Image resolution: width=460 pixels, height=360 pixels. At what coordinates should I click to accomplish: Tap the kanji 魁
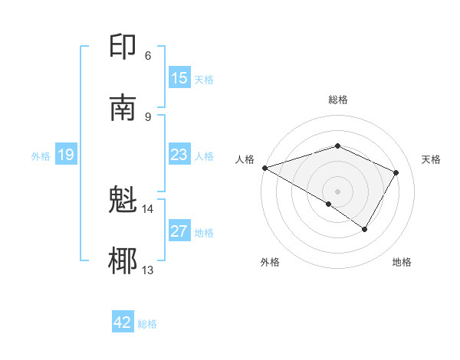(123, 201)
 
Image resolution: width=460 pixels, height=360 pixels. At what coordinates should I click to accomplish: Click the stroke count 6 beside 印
(147, 55)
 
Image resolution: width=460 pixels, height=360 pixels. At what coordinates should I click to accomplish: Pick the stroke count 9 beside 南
(147, 116)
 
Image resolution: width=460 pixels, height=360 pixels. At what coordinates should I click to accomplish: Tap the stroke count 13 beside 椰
(147, 270)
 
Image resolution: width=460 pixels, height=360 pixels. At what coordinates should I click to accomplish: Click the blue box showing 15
(179, 78)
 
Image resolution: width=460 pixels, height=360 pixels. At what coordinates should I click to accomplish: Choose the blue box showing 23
(179, 155)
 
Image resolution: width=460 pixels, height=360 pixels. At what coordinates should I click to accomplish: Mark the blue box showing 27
(179, 231)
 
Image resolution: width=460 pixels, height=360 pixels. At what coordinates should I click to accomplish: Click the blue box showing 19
(66, 155)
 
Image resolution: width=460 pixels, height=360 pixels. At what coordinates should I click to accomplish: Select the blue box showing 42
(123, 322)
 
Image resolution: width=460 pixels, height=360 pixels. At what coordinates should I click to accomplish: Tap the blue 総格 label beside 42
(147, 324)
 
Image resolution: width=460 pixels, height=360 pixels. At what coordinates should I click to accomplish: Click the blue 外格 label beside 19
(41, 156)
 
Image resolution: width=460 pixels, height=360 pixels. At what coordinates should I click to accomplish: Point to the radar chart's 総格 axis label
(338, 100)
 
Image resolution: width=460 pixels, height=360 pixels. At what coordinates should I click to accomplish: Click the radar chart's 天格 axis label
(431, 159)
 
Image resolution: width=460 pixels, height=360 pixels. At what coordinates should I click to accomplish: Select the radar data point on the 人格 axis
(264, 168)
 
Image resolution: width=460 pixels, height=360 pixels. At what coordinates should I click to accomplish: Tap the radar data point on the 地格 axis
(365, 229)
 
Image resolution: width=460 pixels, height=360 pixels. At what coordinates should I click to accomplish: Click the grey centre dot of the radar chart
(338, 191)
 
